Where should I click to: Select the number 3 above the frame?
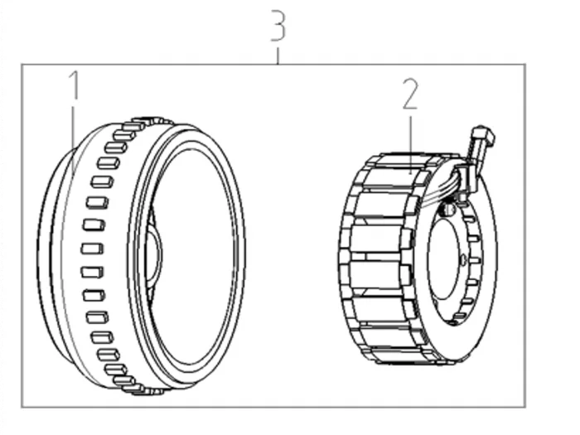coord(278,25)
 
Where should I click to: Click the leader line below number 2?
coord(411,145)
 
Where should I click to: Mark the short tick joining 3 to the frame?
coord(278,56)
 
